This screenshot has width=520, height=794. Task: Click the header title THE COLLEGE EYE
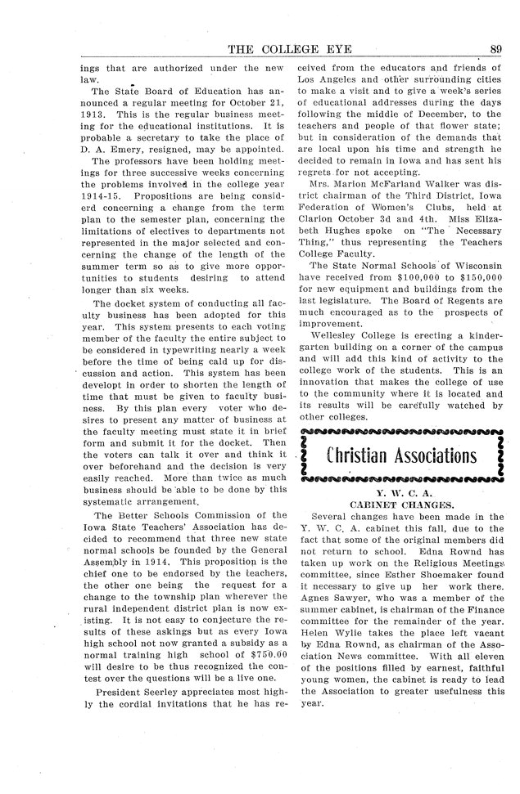click(x=285, y=48)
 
